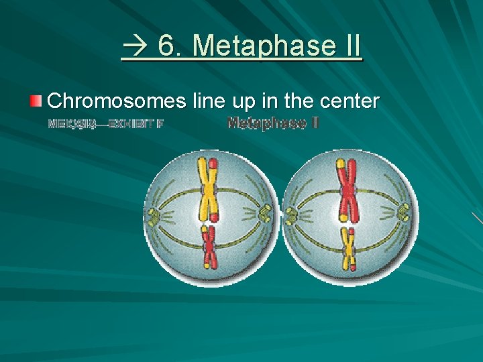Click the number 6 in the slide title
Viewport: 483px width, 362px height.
[x=166, y=47]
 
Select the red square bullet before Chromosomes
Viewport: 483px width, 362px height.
[x=36, y=101]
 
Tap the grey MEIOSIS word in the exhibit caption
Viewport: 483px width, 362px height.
[x=72, y=124]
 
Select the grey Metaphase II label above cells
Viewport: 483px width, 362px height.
[x=272, y=123]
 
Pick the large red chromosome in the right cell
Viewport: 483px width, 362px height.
[x=347, y=191]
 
